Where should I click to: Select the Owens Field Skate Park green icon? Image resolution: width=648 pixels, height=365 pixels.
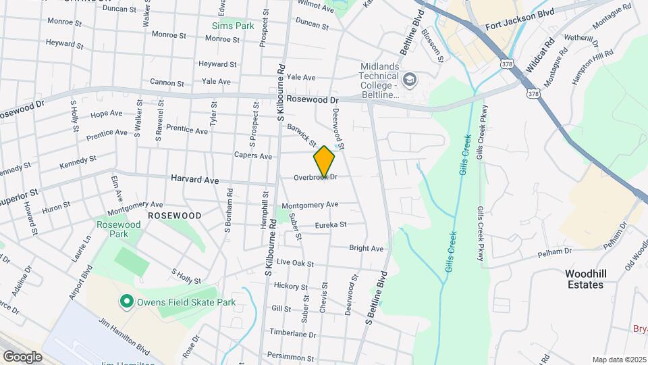(126, 301)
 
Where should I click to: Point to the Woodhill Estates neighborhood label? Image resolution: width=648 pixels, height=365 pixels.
(585, 279)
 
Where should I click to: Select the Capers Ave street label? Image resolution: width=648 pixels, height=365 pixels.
(252, 156)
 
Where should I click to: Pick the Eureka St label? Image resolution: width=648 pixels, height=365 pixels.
(330, 224)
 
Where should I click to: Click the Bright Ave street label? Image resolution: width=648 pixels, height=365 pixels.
(366, 249)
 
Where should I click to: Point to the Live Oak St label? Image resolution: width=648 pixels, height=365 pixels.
(292, 262)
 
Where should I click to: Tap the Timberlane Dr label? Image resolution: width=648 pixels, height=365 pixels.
(293, 334)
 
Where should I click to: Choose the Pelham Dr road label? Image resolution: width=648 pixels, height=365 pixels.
(554, 252)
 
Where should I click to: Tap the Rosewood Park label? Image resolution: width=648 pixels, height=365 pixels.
(118, 229)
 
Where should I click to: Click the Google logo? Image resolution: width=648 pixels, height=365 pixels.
(22, 356)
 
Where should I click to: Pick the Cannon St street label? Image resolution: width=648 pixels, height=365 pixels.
(167, 83)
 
